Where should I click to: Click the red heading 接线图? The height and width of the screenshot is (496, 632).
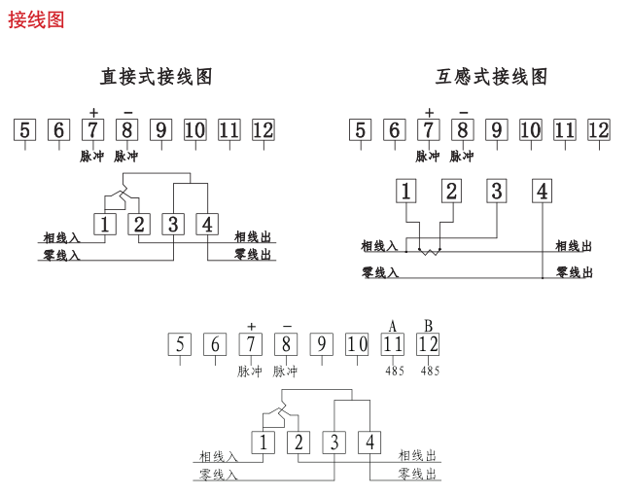36,19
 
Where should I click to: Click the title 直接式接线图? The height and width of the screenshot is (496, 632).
156,76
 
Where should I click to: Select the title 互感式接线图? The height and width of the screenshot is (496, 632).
492,76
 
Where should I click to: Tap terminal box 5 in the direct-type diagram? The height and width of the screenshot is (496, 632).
25,130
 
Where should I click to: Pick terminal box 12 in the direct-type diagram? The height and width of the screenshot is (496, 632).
263,130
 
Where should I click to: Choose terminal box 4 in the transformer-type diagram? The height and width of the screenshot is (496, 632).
542,191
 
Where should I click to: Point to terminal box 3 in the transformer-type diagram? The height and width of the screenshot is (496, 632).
496,191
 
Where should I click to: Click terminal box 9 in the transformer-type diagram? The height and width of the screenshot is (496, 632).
496,130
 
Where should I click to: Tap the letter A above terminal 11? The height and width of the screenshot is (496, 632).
393,325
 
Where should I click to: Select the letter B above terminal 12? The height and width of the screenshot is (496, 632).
428,325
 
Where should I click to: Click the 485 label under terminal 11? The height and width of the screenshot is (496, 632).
394,371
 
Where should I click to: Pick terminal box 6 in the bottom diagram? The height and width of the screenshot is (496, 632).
215,344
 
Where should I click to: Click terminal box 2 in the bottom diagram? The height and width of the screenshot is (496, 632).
298,443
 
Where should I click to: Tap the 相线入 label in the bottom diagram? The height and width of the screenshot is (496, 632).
218,455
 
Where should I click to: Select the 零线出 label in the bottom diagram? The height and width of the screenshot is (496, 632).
418,474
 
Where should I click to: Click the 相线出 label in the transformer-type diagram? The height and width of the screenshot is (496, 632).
573,246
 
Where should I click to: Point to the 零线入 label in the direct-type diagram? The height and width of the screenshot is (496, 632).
61,255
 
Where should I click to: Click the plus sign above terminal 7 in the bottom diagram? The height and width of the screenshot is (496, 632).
251,327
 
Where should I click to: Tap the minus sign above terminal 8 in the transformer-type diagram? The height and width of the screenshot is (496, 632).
463,111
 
